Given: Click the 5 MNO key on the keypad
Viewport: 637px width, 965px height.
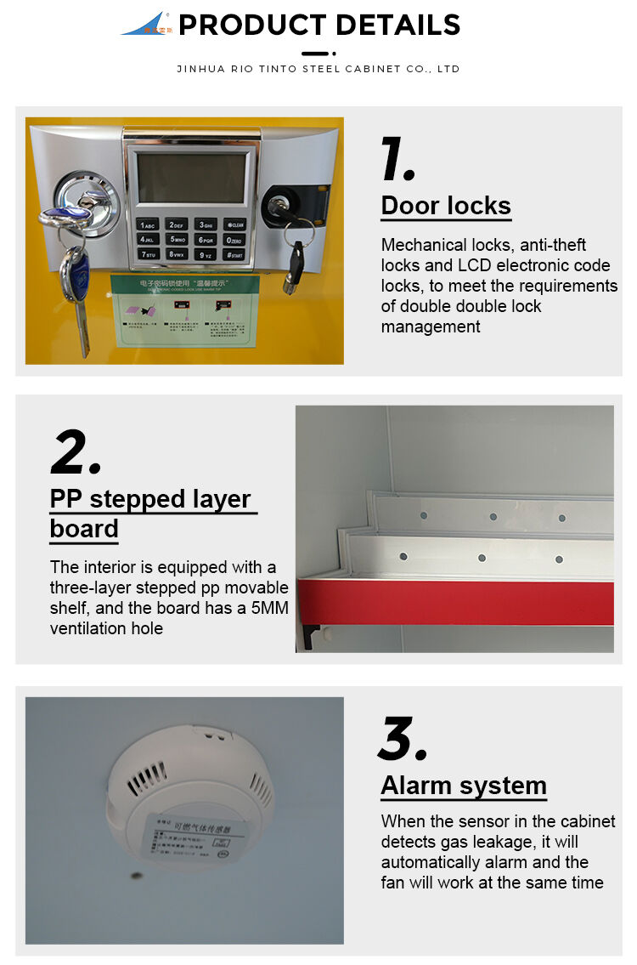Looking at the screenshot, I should (176, 240).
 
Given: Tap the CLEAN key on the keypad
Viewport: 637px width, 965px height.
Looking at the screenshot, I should (234, 225).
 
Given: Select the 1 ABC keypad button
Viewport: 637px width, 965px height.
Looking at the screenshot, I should (147, 225).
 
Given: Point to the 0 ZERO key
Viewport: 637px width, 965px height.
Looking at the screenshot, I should (234, 240).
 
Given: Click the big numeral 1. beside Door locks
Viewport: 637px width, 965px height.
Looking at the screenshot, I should (397, 159).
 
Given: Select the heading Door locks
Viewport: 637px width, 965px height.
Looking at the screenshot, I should (446, 206).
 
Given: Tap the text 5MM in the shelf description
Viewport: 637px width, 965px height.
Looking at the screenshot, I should (261, 608).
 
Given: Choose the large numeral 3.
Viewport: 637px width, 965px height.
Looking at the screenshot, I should (402, 740).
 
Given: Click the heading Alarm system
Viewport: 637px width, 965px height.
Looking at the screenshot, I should (464, 786).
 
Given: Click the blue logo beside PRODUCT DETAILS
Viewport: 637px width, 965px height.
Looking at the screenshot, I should (147, 24).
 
